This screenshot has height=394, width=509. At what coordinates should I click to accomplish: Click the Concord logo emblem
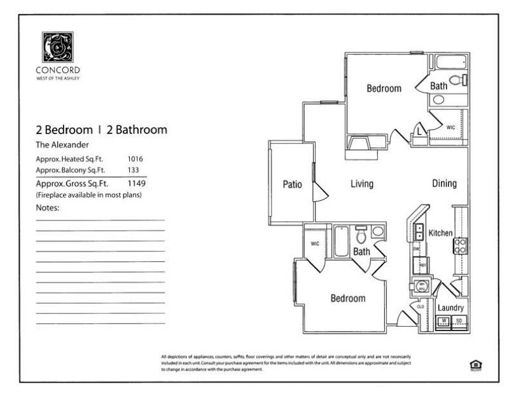57,47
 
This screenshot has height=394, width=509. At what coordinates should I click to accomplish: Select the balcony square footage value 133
134,170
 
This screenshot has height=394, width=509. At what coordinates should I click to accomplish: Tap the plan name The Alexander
62,144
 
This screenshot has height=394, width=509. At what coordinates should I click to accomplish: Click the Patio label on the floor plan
292,185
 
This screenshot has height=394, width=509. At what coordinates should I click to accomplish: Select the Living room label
361,184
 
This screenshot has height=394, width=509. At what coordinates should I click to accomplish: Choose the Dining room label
444,184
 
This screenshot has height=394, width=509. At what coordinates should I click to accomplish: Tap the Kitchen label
440,233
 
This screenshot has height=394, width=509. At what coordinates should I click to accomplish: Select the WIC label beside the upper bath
450,128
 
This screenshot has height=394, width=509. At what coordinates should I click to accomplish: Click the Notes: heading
47,208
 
